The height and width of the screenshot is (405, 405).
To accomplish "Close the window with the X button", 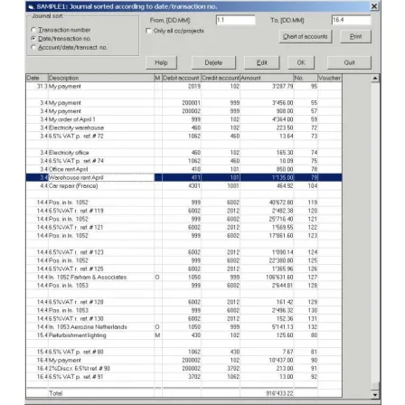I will (395, 7).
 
